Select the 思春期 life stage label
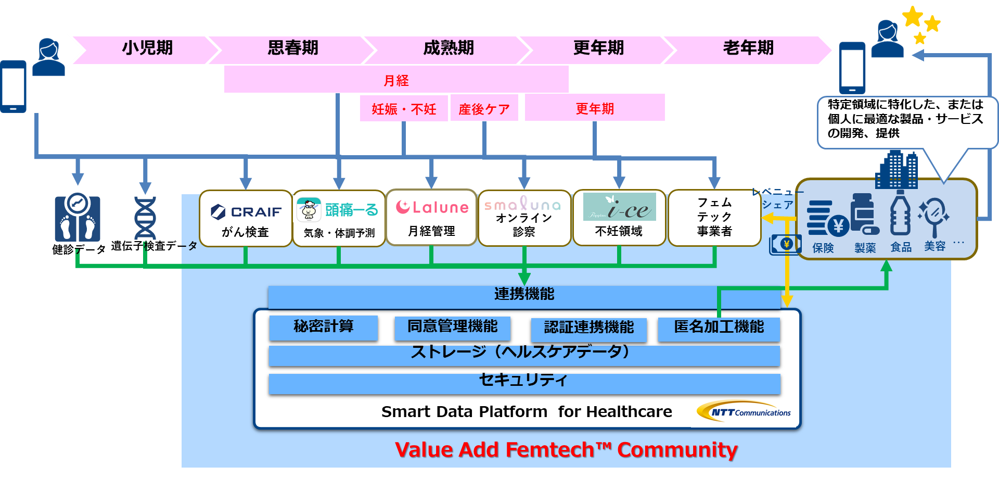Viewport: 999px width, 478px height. point(293,48)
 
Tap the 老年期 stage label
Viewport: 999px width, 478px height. point(748,48)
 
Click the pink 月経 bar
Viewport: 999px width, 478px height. point(396,80)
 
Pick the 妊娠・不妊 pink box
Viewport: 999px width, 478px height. point(404,108)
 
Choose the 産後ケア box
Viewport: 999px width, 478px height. point(484,108)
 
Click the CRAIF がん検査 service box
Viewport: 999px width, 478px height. point(246,218)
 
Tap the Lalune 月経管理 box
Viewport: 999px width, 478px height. point(431,217)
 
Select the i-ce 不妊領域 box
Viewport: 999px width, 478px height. point(619,218)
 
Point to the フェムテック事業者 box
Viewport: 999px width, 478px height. point(714,218)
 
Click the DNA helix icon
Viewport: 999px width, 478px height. point(145,218)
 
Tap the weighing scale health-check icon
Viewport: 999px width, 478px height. point(78,218)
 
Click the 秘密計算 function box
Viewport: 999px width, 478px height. point(323,328)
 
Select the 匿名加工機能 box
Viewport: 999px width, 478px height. point(719,329)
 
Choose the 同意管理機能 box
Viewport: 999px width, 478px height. point(452,328)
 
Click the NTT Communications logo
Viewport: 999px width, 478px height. point(744,412)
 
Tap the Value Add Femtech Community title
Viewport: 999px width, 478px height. point(566,450)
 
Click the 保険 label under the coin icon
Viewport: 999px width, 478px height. point(823,248)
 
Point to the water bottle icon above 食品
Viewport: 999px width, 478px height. point(900,213)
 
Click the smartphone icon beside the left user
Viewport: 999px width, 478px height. point(13,86)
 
